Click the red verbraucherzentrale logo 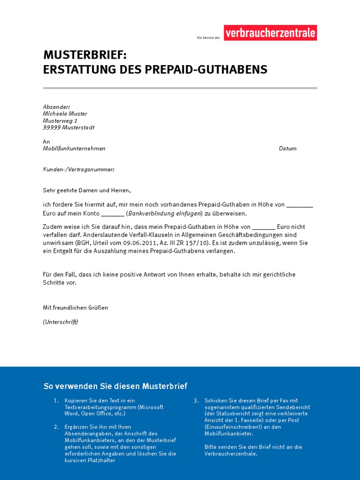(x=270, y=33)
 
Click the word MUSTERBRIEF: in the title (x=85, y=55)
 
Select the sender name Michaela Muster (x=65, y=114)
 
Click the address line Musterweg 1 (x=60, y=121)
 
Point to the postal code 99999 (x=52, y=128)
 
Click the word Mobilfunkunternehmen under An (x=74, y=149)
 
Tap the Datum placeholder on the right (x=287, y=149)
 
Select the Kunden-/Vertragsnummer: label (x=79, y=169)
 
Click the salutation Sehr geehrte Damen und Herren (x=87, y=190)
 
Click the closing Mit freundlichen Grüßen (x=75, y=307)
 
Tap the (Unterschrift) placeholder (x=60, y=322)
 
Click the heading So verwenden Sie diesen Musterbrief (x=115, y=386)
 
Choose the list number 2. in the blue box (x=56, y=427)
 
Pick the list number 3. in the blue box (x=196, y=401)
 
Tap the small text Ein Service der (x=209, y=37)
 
